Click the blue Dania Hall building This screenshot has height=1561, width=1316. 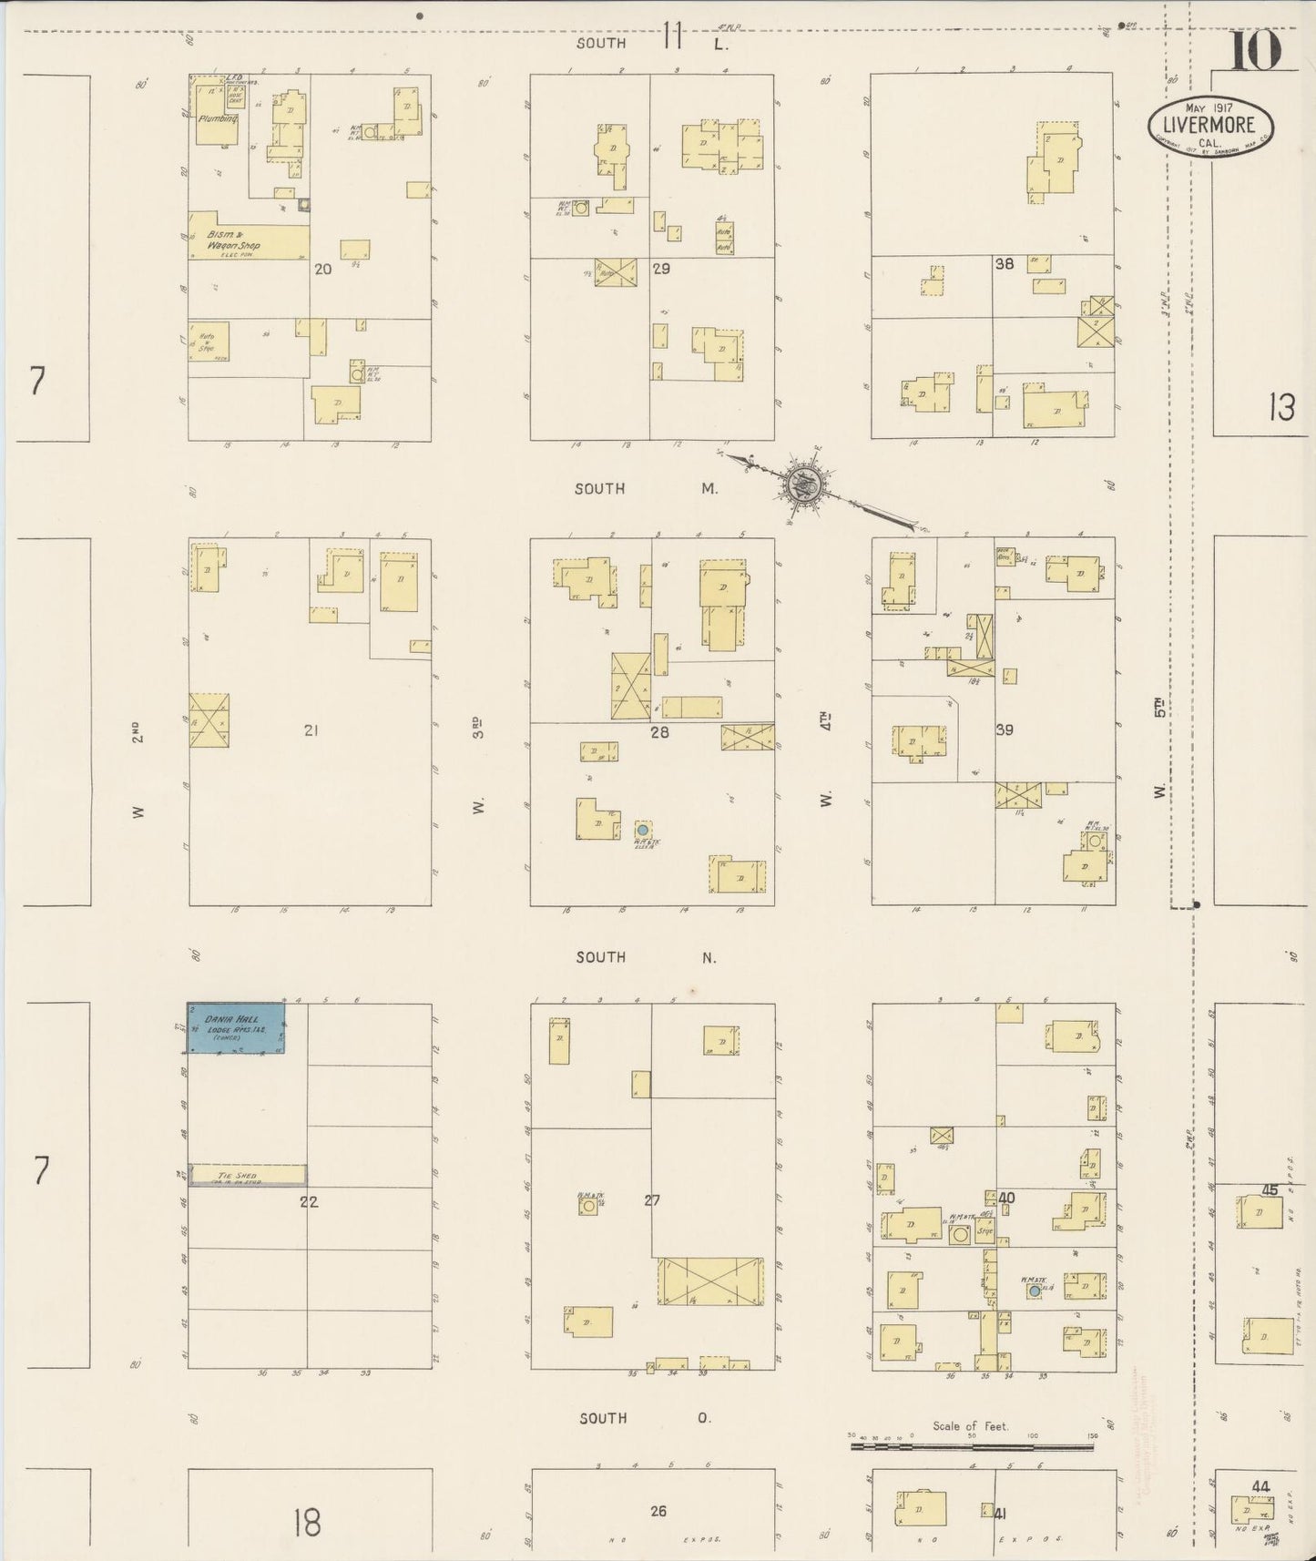(236, 1028)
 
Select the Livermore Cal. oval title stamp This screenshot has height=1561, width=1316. (1209, 127)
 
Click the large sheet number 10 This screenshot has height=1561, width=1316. (1256, 51)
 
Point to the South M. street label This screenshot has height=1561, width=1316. (646, 489)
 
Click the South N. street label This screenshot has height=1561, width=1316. (646, 957)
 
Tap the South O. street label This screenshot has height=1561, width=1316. (646, 1418)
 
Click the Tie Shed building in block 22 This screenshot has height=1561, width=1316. (247, 1176)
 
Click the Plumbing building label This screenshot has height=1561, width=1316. (219, 118)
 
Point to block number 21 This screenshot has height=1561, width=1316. (311, 730)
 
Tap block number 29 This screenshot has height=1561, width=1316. (662, 269)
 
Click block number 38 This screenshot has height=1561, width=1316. (1005, 264)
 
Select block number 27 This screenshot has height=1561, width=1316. (652, 1200)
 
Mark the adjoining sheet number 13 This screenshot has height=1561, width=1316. (1281, 408)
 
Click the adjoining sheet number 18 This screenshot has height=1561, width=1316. (307, 1522)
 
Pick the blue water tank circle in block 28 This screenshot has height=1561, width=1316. (642, 831)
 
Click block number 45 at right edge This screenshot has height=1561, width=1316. (1270, 1190)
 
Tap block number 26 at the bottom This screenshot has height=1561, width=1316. (658, 1511)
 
